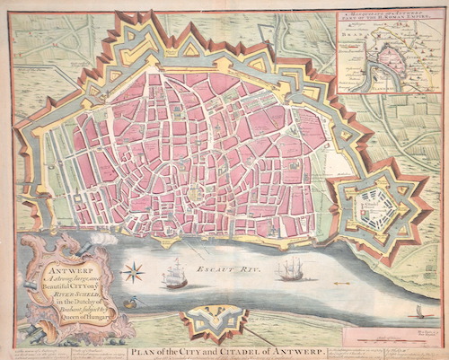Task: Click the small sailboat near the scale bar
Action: tap(418, 312)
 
